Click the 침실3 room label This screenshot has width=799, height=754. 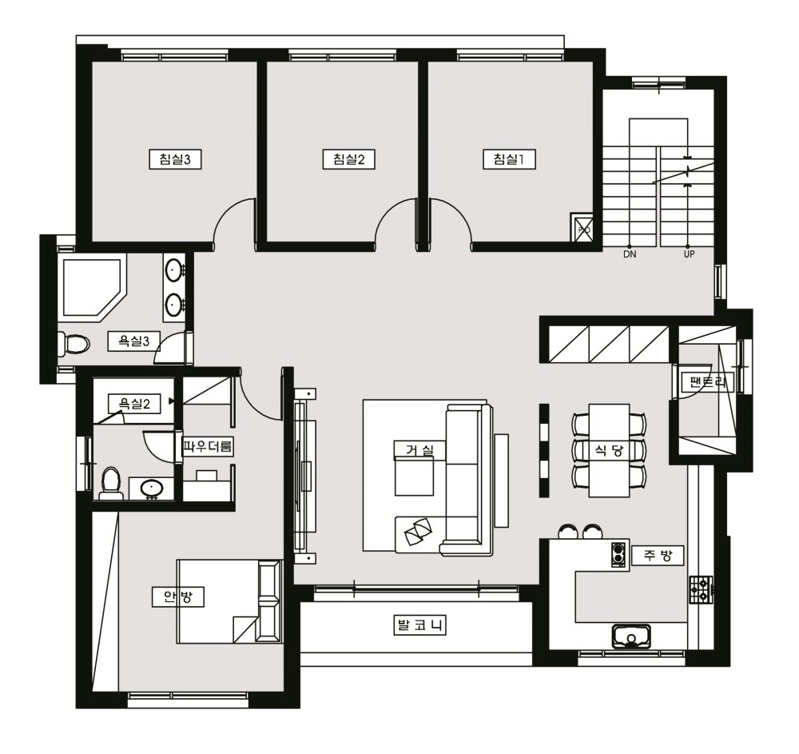pyautogui.click(x=175, y=159)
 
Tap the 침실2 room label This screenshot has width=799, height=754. pyautogui.click(x=349, y=159)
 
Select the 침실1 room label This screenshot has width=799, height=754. pyautogui.click(x=509, y=159)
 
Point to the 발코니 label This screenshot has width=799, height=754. pyautogui.click(x=419, y=625)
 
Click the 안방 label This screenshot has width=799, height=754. pyautogui.click(x=178, y=596)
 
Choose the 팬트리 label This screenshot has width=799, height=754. pyautogui.click(x=707, y=382)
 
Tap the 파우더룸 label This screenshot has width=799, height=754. pyautogui.click(x=208, y=447)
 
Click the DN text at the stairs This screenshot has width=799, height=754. pyautogui.click(x=630, y=254)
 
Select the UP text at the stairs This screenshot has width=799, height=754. pyautogui.click(x=689, y=254)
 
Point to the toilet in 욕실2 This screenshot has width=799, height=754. pyautogui.click(x=111, y=482)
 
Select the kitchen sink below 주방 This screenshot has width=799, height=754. pyautogui.click(x=632, y=636)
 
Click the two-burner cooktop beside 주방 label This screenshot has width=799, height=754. pyautogui.click(x=619, y=555)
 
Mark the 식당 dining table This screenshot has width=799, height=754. pyautogui.click(x=609, y=451)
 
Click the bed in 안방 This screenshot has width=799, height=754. pyautogui.click(x=229, y=601)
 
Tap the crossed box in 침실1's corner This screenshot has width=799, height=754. pyautogui.click(x=582, y=227)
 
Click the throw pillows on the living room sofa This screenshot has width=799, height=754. pyautogui.click(x=418, y=530)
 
